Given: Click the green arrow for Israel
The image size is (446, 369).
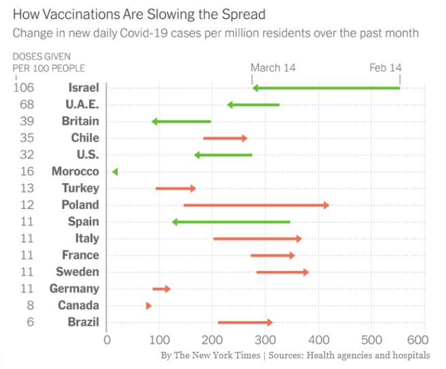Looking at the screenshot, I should click(326, 88).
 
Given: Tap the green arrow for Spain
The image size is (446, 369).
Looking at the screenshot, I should click(231, 222).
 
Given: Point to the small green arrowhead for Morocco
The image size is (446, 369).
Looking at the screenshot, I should click(115, 172).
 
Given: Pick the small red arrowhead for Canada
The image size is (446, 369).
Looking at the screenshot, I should click(148, 306).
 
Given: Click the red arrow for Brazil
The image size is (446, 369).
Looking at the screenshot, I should click(245, 323).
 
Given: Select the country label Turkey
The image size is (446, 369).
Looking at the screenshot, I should click(80, 189).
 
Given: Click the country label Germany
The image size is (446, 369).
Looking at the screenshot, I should click(74, 289).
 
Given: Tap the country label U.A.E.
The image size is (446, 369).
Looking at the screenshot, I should click(82, 105).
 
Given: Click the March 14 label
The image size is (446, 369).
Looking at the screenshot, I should click(273, 67).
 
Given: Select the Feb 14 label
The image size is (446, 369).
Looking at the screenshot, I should click(385, 67).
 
